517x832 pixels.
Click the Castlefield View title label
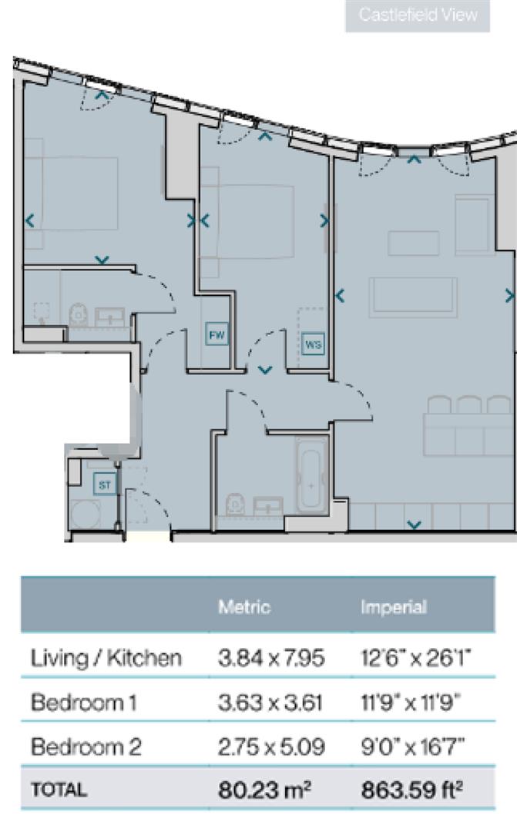(418, 15)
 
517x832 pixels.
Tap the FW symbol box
(217, 335)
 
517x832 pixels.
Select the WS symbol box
(313, 344)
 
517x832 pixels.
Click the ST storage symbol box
(104, 485)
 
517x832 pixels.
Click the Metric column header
(244, 607)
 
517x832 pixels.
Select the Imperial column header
(393, 607)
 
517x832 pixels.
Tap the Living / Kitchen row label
(106, 658)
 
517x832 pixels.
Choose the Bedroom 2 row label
(86, 746)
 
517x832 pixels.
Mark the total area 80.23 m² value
(264, 790)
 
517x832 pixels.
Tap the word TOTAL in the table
(59, 790)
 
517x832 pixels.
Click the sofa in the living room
(413, 297)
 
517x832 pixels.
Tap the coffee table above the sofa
(414, 243)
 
